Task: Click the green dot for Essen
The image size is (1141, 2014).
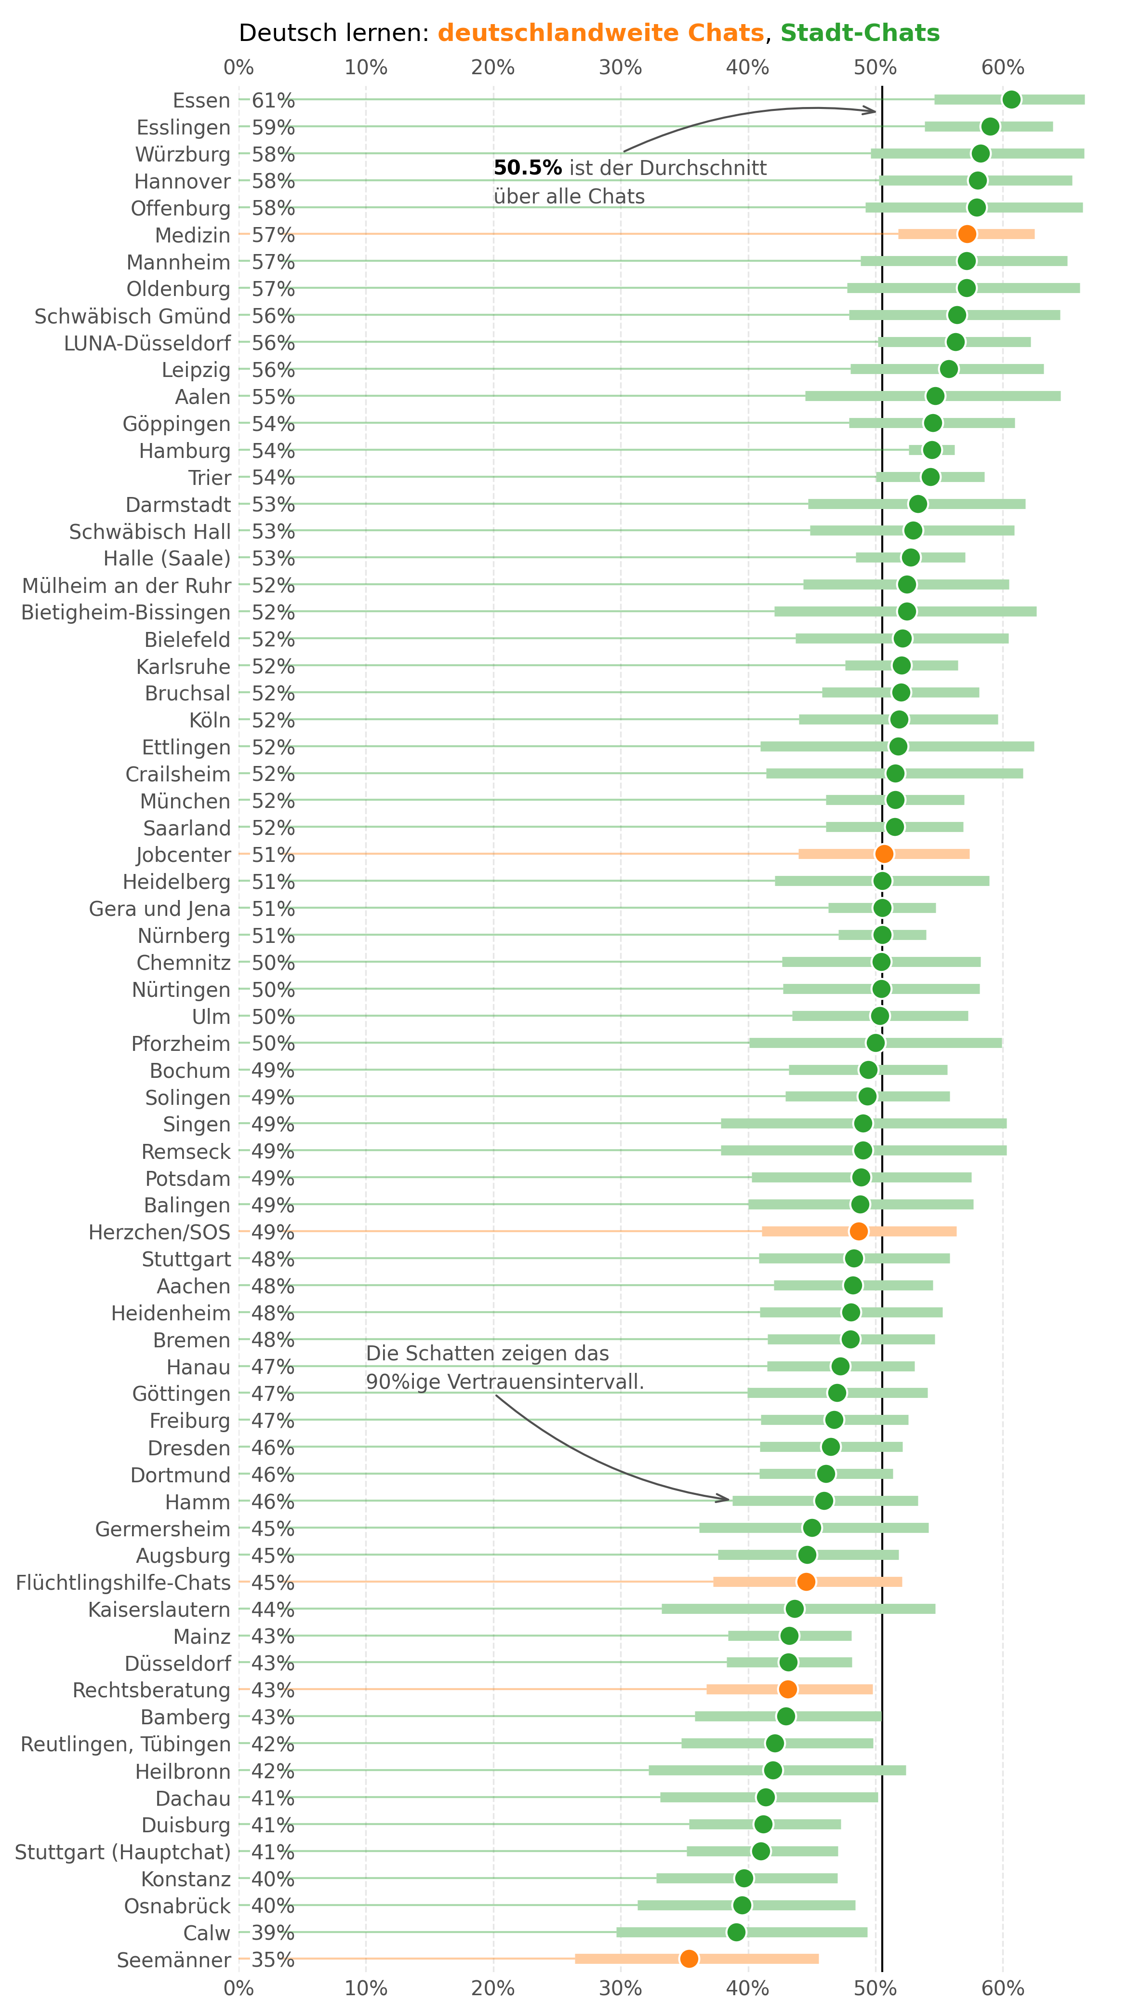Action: pyautogui.click(x=1011, y=100)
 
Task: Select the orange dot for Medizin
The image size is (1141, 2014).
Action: pyautogui.click(x=967, y=234)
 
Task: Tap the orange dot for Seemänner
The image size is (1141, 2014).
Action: pyautogui.click(x=689, y=1959)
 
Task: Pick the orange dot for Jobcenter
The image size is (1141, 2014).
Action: pyautogui.click(x=884, y=854)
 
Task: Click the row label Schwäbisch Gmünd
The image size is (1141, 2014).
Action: pyautogui.click(x=133, y=316)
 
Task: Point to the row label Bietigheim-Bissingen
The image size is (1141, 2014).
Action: pyautogui.click(x=126, y=612)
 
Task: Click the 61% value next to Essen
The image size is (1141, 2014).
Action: pyautogui.click(x=273, y=100)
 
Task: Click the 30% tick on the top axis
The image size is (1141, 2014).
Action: pyautogui.click(x=621, y=67)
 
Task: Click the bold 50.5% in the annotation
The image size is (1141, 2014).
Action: pyautogui.click(x=528, y=168)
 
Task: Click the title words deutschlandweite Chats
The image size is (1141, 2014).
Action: pyautogui.click(x=601, y=33)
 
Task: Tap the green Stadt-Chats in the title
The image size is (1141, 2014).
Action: pyautogui.click(x=860, y=33)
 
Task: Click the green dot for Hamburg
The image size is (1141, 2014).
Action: pyautogui.click(x=932, y=450)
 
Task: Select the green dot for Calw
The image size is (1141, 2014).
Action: pyautogui.click(x=736, y=1932)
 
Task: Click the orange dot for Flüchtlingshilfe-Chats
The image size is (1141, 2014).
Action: pyautogui.click(x=806, y=1581)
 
